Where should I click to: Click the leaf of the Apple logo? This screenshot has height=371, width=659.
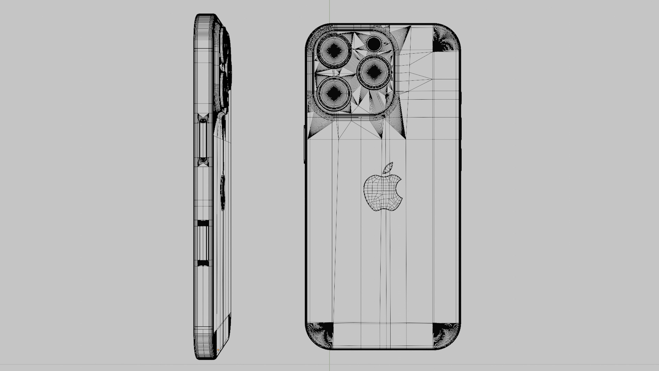coord(388,168)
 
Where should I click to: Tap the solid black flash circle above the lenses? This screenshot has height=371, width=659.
coord(374,44)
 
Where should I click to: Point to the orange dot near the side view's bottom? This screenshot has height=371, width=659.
coord(218,350)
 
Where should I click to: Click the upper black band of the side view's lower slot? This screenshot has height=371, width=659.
coord(203,223)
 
